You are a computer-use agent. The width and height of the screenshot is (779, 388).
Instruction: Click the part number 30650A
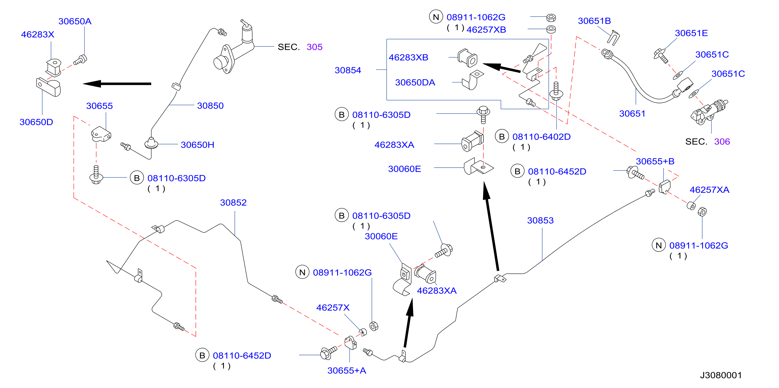click(75, 21)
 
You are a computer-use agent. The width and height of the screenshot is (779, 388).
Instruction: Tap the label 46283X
click(37, 35)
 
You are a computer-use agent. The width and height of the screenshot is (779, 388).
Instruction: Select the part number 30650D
click(36, 122)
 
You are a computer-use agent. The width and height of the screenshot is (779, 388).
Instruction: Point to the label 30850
click(210, 106)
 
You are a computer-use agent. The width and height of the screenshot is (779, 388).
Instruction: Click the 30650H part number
click(197, 145)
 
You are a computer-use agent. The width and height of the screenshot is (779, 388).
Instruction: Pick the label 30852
click(233, 202)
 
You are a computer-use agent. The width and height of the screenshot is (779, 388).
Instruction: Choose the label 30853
click(540, 221)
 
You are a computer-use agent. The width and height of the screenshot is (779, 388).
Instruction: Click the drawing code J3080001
click(721, 375)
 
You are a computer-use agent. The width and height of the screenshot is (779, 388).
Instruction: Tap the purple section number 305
click(314, 47)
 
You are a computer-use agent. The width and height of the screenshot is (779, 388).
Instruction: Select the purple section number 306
click(722, 142)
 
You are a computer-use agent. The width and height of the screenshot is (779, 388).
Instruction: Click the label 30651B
click(594, 21)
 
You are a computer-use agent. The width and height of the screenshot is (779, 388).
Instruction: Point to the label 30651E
click(691, 33)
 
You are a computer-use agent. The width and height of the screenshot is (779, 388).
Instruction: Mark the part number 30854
click(348, 70)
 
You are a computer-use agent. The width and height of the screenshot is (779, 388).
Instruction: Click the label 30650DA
click(415, 83)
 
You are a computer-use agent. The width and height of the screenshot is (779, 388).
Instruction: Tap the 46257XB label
click(486, 30)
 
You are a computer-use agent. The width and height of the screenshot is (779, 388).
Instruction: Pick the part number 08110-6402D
click(541, 137)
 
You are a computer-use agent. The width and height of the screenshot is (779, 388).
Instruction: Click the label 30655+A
click(347, 371)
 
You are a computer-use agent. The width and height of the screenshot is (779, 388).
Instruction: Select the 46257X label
click(333, 308)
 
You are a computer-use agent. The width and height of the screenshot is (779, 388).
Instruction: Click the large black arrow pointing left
click(117, 84)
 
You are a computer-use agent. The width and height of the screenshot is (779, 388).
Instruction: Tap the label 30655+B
click(655, 161)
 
